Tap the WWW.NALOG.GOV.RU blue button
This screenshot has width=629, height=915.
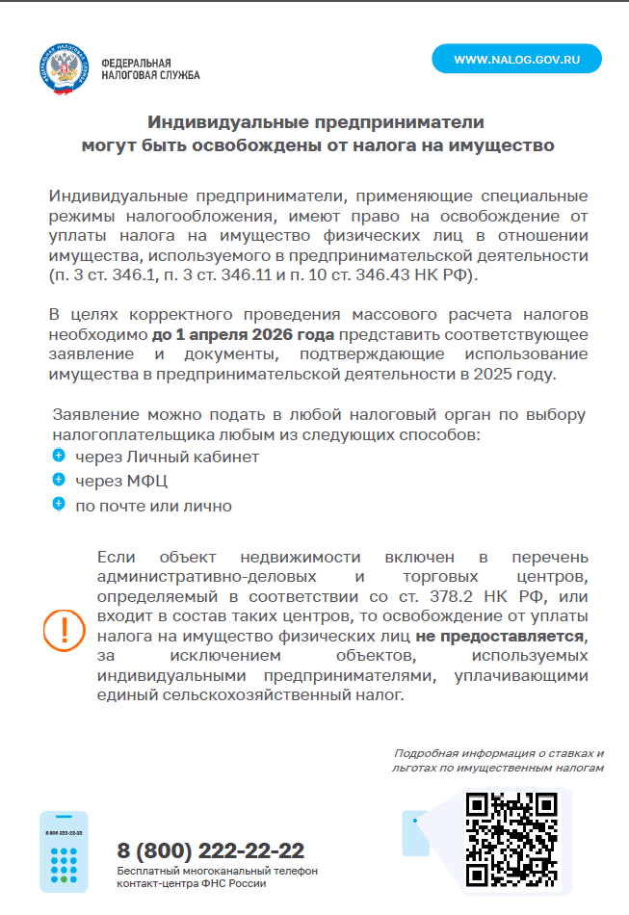pos(516,59)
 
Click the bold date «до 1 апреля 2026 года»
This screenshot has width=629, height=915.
pos(243,335)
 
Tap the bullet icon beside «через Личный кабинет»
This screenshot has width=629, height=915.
pos(59,455)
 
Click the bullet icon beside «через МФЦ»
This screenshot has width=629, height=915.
pos(59,479)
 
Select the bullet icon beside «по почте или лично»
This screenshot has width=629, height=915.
pos(59,503)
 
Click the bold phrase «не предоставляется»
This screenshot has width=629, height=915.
pos(500,637)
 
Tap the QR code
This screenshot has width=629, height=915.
pos(511,839)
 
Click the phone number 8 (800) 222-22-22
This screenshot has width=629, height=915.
pos(210,850)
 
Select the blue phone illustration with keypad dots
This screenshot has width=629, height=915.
pos(64,851)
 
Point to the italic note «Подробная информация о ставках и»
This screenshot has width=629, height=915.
pos(499,752)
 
